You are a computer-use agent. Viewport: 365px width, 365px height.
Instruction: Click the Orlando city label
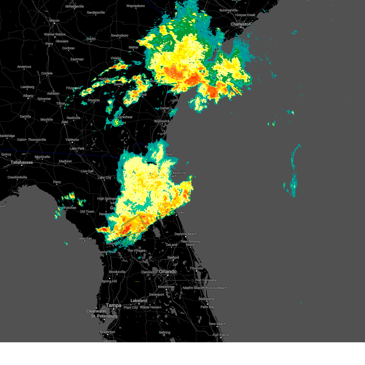pos(168,272)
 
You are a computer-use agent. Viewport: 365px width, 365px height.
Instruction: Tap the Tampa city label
pos(113,305)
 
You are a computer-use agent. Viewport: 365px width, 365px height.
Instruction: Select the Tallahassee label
pos(22,162)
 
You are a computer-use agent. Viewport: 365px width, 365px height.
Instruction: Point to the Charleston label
pos(241,24)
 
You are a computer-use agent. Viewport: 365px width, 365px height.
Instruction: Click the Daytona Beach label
pos(186,234)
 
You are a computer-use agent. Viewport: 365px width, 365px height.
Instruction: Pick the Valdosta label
pos(72,140)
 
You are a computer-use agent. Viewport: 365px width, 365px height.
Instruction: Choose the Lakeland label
pos(139,301)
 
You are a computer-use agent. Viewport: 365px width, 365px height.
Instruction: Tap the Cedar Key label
pos(84,238)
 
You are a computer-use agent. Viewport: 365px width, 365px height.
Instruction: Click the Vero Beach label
pos(217,324)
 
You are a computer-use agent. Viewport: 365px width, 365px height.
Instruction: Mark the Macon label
pos(54,21)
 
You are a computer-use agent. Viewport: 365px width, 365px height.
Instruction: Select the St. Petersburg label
pos(104,316)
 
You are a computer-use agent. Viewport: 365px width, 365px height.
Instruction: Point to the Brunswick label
pos(162,121)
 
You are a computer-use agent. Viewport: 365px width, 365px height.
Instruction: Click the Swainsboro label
pos(120,36)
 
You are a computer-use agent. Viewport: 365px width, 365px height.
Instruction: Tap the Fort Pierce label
pos(221,335)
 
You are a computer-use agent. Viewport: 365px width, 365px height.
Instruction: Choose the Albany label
pos(28,96)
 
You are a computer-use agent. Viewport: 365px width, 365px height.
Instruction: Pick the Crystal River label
pos(106,252)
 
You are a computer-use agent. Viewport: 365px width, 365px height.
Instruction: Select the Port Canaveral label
pos(206,280)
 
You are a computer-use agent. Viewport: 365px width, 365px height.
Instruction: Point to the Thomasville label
pos(37,140)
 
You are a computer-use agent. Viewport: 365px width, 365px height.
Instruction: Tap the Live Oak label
pos(87,171)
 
